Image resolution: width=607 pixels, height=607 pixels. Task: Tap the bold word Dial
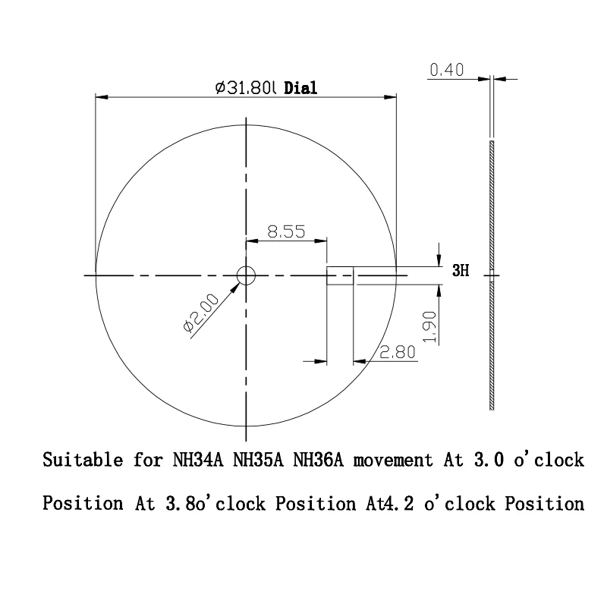300,88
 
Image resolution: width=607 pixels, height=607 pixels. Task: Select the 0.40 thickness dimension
445,71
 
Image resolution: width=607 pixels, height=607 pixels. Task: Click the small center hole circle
246,275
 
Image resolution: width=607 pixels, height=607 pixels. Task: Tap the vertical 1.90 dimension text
430,327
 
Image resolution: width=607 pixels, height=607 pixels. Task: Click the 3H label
461,271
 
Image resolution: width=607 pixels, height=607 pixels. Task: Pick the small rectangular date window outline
341,275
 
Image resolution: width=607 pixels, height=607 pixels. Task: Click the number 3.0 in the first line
480,461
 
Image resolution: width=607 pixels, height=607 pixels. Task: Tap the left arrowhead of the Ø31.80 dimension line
99,96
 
